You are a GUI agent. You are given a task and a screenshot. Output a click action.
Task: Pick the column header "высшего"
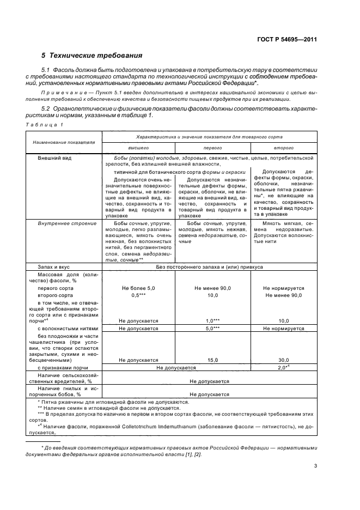138,148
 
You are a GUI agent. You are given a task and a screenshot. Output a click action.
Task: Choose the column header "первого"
212,148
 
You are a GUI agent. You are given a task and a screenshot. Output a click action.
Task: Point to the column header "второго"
283,148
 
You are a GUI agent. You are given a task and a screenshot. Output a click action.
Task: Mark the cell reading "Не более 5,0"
138,288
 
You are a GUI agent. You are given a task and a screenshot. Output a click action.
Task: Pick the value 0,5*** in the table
138,295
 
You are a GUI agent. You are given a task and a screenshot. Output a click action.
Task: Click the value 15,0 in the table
212,360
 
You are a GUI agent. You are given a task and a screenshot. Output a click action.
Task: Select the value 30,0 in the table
283,360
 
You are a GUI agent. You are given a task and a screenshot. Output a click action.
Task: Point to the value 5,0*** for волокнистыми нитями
212,329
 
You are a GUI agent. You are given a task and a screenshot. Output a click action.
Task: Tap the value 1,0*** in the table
212,321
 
